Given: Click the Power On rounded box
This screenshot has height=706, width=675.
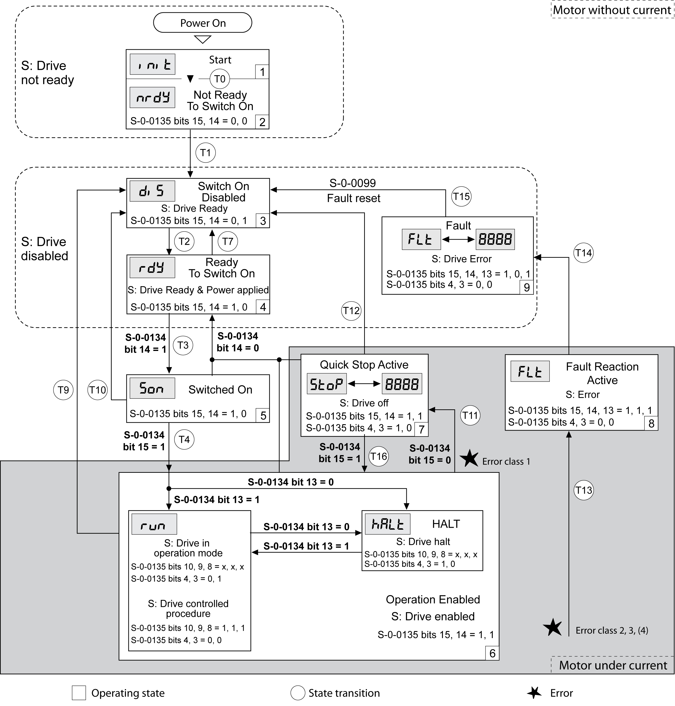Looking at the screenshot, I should (203, 23).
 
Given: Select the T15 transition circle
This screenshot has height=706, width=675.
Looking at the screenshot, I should (461, 196).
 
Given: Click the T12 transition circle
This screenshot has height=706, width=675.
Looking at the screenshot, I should (351, 310).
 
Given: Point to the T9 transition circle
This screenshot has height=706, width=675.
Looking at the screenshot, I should (63, 390).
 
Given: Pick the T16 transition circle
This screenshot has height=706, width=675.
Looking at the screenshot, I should (379, 456).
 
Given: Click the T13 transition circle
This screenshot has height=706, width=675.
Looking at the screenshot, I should (583, 490).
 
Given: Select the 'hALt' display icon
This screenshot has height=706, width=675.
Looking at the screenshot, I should (387, 524).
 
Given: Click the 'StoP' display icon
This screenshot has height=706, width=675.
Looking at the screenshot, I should (326, 384).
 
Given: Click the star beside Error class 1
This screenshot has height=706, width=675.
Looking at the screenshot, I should (469, 459).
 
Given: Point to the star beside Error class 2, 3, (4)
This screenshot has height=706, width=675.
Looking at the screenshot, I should (552, 627).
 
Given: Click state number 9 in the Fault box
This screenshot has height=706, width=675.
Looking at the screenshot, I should (526, 288).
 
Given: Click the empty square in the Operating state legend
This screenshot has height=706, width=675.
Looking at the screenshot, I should (79, 693).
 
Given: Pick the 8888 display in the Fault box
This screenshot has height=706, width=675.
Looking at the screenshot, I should (495, 239).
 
